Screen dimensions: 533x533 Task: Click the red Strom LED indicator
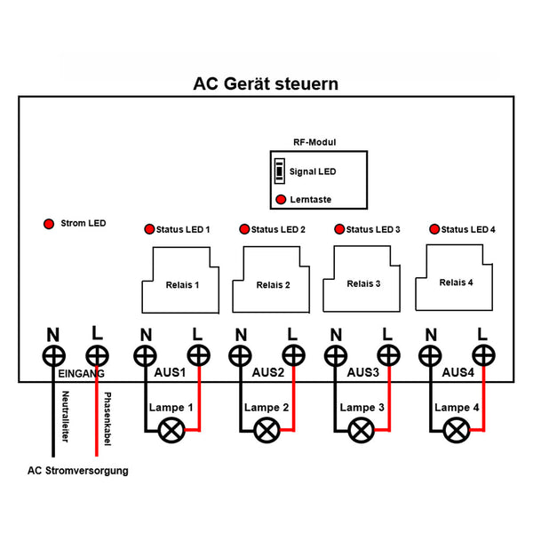(49, 223)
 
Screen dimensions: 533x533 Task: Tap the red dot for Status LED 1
(149, 229)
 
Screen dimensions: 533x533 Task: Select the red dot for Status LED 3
(339, 229)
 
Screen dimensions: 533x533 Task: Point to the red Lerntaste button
(281, 201)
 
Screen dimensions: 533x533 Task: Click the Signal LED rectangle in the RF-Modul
(280, 171)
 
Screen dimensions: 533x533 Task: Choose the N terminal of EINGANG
(53, 357)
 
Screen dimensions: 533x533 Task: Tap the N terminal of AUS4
(432, 357)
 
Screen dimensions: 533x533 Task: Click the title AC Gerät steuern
(266, 84)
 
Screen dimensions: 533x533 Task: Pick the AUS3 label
(362, 372)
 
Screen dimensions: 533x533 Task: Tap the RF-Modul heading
(314, 142)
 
